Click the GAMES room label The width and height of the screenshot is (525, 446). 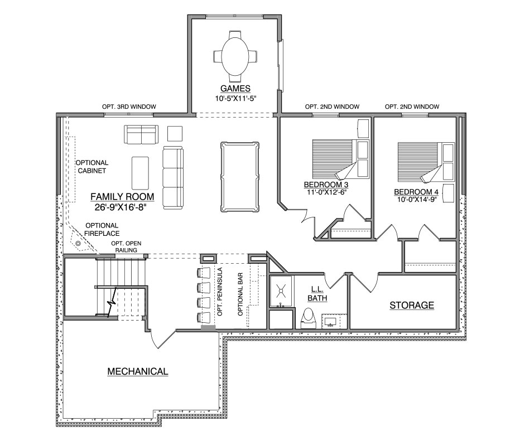tap(235, 88)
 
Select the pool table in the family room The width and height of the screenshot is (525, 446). tap(240, 177)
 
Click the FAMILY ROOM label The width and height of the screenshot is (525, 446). tap(122, 196)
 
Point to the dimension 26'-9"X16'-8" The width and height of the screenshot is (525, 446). tap(121, 207)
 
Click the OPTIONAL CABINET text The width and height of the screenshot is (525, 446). tap(91, 167)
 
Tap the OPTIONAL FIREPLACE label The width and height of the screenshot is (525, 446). tap(102, 229)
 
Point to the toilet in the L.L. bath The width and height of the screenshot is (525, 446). tap(308, 318)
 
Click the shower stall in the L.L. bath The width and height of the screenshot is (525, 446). tap(281, 291)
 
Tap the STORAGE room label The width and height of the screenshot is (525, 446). tap(412, 305)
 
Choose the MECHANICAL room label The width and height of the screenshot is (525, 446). tap(138, 371)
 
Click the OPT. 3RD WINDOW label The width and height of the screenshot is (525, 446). tap(129, 106)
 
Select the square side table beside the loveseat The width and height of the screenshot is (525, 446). tap(175, 134)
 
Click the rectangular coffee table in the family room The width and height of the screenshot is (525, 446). tap(140, 173)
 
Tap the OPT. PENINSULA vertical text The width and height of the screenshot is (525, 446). tap(220, 292)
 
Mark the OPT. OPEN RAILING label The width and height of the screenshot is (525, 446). tap(126, 246)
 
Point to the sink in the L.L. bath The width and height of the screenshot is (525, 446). tap(330, 322)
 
